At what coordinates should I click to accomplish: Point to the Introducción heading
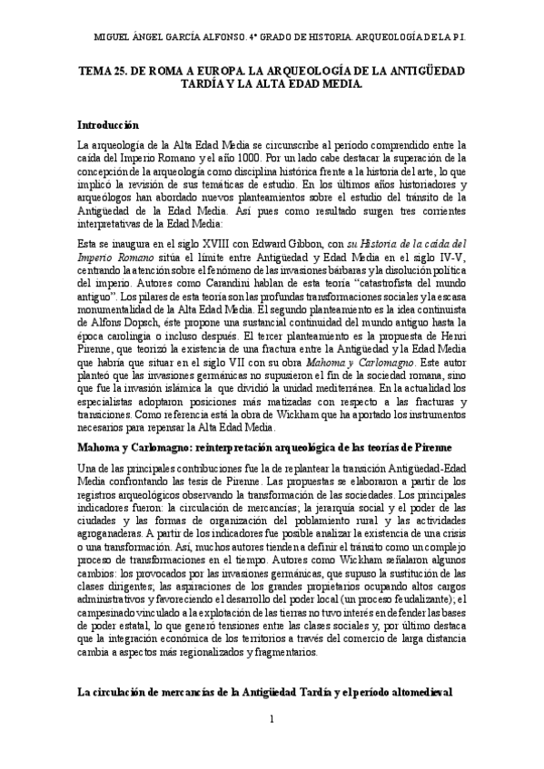(108, 124)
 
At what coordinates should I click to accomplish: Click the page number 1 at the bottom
(272, 745)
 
